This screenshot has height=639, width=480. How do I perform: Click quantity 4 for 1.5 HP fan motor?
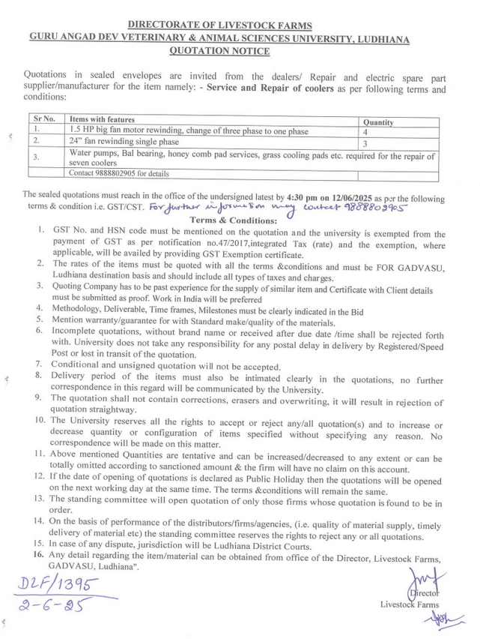point(365,131)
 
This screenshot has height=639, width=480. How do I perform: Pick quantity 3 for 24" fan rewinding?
point(365,142)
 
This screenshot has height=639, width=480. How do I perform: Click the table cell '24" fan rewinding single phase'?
point(124,142)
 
